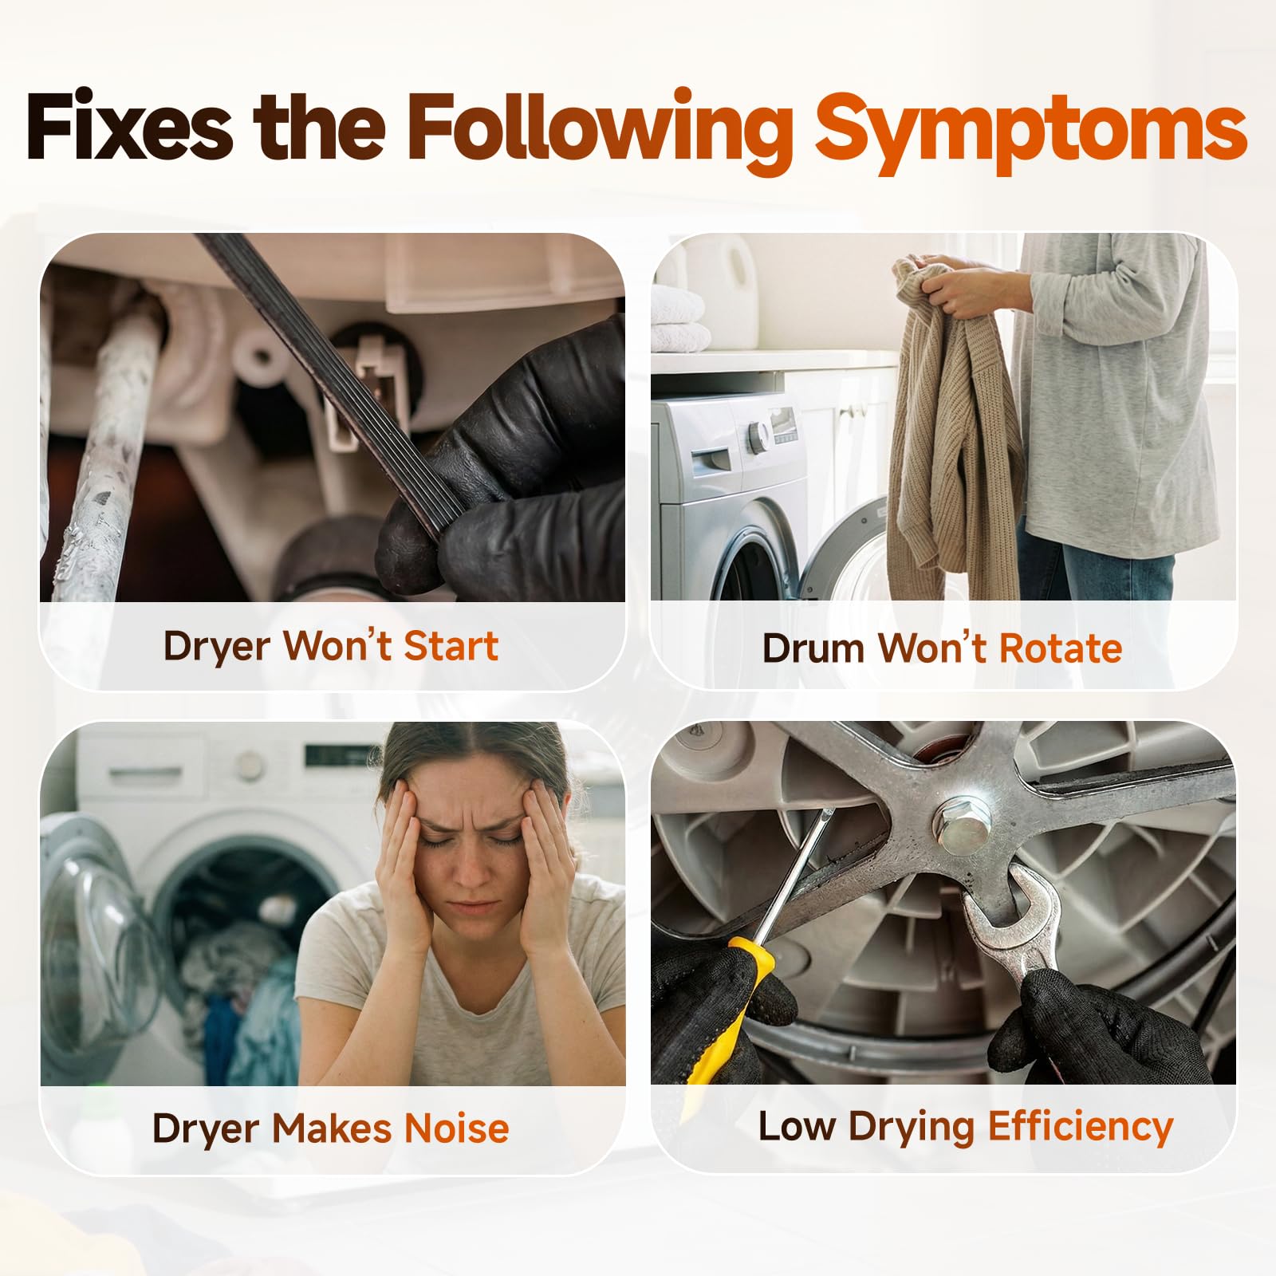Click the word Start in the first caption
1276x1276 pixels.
[451, 645]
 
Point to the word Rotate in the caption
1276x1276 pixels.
[1061, 648]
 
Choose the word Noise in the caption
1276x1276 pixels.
[457, 1128]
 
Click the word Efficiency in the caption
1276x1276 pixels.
[1080, 1128]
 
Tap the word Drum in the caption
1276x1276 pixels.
[813, 648]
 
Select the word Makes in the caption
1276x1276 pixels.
[334, 1128]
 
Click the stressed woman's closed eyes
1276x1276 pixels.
[470, 838]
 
